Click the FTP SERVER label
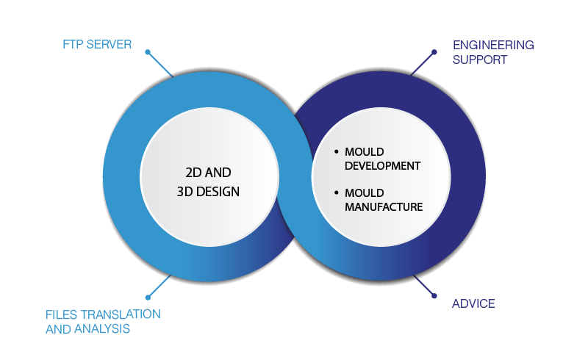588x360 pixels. coord(97,45)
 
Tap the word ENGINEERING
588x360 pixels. coord(493,45)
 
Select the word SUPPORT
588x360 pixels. coord(480,60)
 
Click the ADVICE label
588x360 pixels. coord(473,303)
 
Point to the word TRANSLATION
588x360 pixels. coord(121,314)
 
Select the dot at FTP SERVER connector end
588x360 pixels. coord(148,52)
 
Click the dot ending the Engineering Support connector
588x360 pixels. coord(434,52)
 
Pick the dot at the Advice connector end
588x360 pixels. coord(434,296)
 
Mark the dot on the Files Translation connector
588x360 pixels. coord(148,298)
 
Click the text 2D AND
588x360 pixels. coord(208,173)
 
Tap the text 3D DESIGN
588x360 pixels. coord(208,192)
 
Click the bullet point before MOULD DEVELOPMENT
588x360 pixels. coord(337,151)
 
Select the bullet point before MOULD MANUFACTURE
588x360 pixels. coord(337,192)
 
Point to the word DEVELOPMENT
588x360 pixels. coord(382,166)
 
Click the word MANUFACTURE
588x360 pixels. coord(384,207)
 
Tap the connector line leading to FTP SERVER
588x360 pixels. coord(160,65)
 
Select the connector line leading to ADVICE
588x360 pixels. coord(424,286)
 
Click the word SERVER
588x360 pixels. coord(109,45)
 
